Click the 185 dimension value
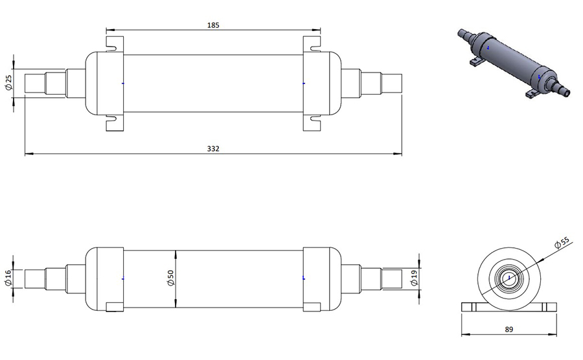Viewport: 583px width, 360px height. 213,25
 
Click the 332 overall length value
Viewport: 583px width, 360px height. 213,149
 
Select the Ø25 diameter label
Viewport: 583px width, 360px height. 8,82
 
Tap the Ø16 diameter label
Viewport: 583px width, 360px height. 8,278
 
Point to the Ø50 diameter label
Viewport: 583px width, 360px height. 170,278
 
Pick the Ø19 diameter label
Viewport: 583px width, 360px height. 415,278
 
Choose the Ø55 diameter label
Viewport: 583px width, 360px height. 562,243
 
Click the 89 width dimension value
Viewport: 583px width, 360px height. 509,329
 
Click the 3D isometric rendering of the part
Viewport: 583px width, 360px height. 514,63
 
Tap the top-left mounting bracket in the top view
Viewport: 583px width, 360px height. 115,44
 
